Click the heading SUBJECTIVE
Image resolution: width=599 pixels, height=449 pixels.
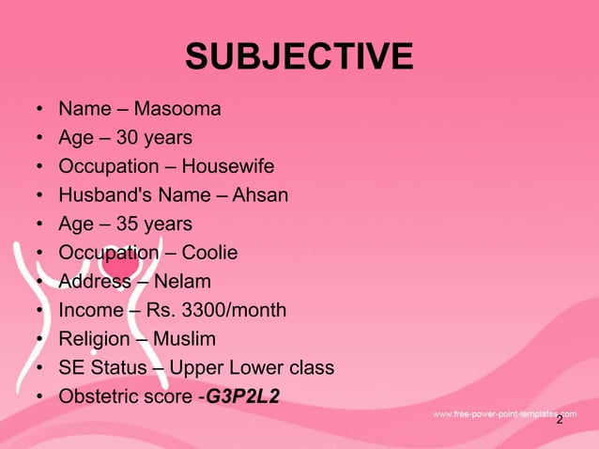(x=299, y=56)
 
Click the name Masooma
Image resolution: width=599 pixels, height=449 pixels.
(x=177, y=110)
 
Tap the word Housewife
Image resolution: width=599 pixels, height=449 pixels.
(x=227, y=167)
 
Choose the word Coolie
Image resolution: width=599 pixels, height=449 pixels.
(x=209, y=253)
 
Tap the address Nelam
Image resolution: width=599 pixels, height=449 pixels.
(x=182, y=281)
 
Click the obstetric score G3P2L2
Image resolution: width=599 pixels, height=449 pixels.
(x=242, y=395)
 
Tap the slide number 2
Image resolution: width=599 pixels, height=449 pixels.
(x=560, y=420)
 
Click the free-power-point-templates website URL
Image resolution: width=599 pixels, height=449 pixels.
(x=504, y=413)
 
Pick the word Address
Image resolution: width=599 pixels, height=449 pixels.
(x=95, y=281)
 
